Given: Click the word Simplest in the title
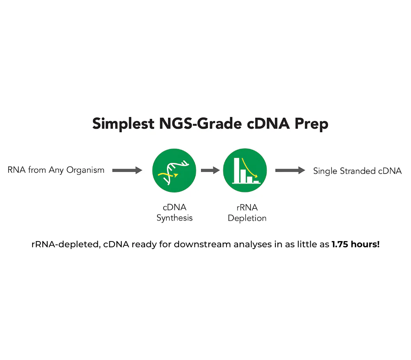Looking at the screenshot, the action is tap(123, 123).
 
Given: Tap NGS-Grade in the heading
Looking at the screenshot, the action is tap(201, 123).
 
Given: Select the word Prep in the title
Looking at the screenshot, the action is tap(312, 124).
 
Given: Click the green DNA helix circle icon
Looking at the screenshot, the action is tap(174, 171).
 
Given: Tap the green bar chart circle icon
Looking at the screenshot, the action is tap(245, 170).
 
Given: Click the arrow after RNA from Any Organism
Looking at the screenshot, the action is tap(127, 170).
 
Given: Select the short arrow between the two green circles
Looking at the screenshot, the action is tap(210, 170).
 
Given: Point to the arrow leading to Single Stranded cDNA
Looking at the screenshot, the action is tap(290, 170).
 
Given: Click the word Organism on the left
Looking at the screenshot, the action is tap(85, 170).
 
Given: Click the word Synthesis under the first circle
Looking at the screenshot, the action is tap(175, 218).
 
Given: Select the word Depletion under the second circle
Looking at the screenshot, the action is tap(247, 218).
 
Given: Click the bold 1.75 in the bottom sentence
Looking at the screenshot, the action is tap(340, 244).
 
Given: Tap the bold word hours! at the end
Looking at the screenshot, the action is tap(365, 244).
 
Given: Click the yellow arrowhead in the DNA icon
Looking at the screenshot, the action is tap(176, 175).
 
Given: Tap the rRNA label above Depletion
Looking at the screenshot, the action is tap(247, 207).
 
